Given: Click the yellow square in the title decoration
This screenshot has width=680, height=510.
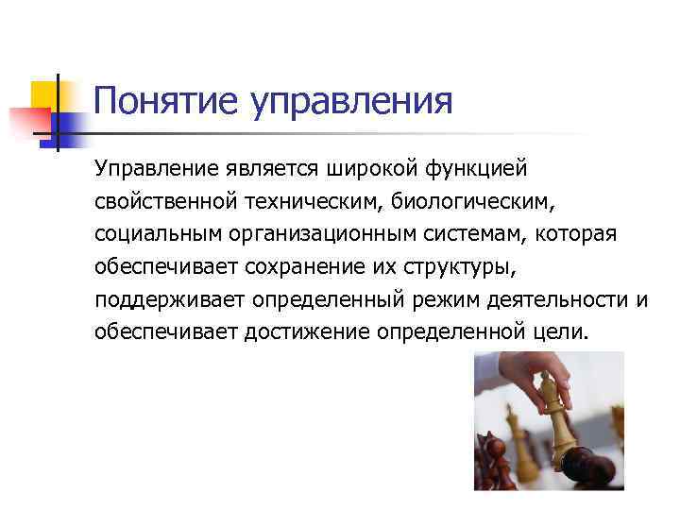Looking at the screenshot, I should coord(45,95).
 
